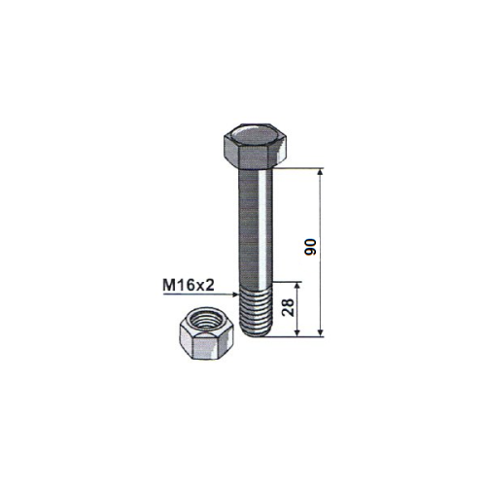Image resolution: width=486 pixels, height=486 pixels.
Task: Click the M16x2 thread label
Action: pos(189,286)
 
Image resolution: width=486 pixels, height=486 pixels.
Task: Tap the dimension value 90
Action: pos(311,247)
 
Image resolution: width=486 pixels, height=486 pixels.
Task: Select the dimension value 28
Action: pos(288,307)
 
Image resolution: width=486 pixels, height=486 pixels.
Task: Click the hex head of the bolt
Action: pos(256,147)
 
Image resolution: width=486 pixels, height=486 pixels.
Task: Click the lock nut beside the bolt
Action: pos(207,333)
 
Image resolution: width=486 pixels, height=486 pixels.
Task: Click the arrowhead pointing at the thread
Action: pos(235,295)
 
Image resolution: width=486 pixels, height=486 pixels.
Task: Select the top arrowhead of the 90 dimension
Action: pos(320,172)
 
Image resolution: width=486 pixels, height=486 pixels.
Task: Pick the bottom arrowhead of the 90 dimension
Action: pos(320,332)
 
